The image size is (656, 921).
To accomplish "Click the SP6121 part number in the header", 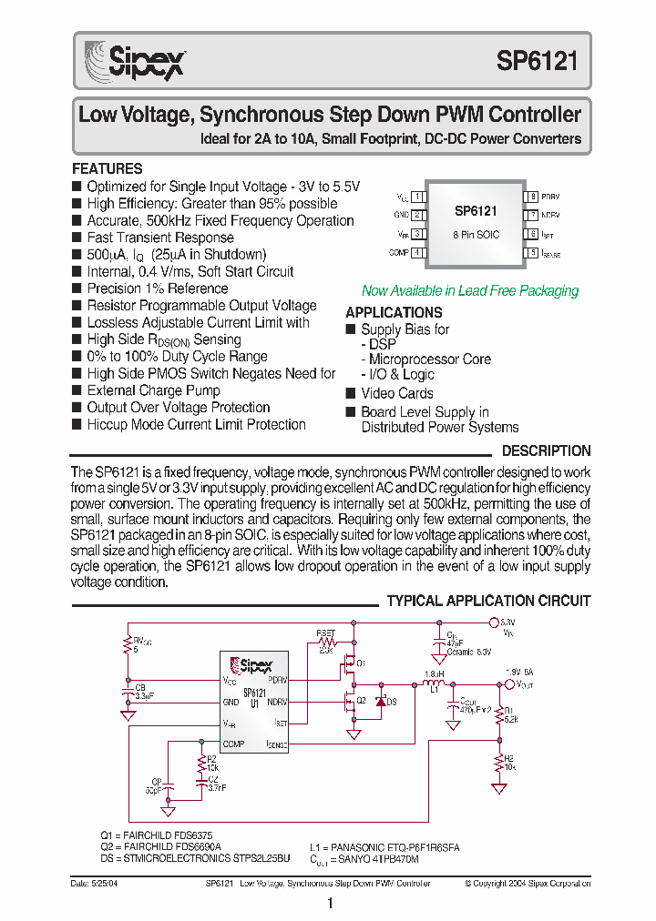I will [x=537, y=61].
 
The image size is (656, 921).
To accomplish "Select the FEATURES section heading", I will [x=108, y=169].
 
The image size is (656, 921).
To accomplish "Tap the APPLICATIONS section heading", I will [x=394, y=312].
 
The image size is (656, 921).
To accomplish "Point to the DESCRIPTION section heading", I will [x=546, y=451].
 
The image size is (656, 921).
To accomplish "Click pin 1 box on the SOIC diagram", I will [x=417, y=197].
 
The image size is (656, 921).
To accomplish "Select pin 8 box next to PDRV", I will [x=530, y=197].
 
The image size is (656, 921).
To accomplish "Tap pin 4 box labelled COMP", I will [x=417, y=252].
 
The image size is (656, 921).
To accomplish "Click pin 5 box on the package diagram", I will [x=530, y=253].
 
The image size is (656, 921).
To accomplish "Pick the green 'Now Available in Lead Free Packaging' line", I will [x=470, y=291].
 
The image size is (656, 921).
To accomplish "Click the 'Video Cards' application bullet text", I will [x=397, y=393].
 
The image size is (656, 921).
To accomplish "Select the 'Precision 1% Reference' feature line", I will [x=158, y=288].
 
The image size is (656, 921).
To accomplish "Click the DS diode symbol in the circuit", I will [x=379, y=702].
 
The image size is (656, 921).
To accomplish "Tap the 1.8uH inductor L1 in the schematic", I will [x=434, y=685].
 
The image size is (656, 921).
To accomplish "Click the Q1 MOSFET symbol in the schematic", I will [x=348, y=666].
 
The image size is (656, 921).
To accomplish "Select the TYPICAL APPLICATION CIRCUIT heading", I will [x=488, y=602].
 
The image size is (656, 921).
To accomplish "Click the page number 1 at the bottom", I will [x=329, y=904].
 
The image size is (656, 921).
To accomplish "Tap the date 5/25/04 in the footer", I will [x=90, y=884].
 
